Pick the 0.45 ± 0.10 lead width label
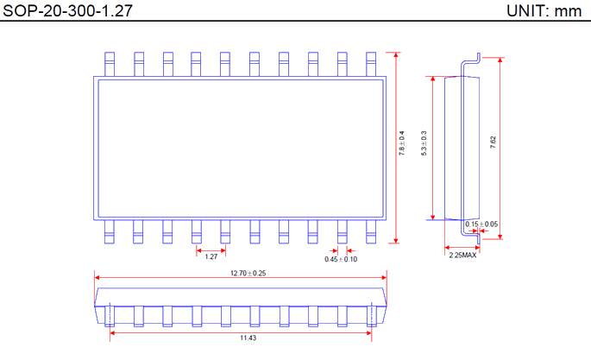pyautogui.click(x=341, y=259)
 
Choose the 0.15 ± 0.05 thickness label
pyautogui.click(x=481, y=224)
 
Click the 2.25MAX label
pyautogui.click(x=462, y=256)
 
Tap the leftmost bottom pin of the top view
pyautogui.click(x=110, y=231)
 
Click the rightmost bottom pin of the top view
pyautogui.click(x=371, y=231)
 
